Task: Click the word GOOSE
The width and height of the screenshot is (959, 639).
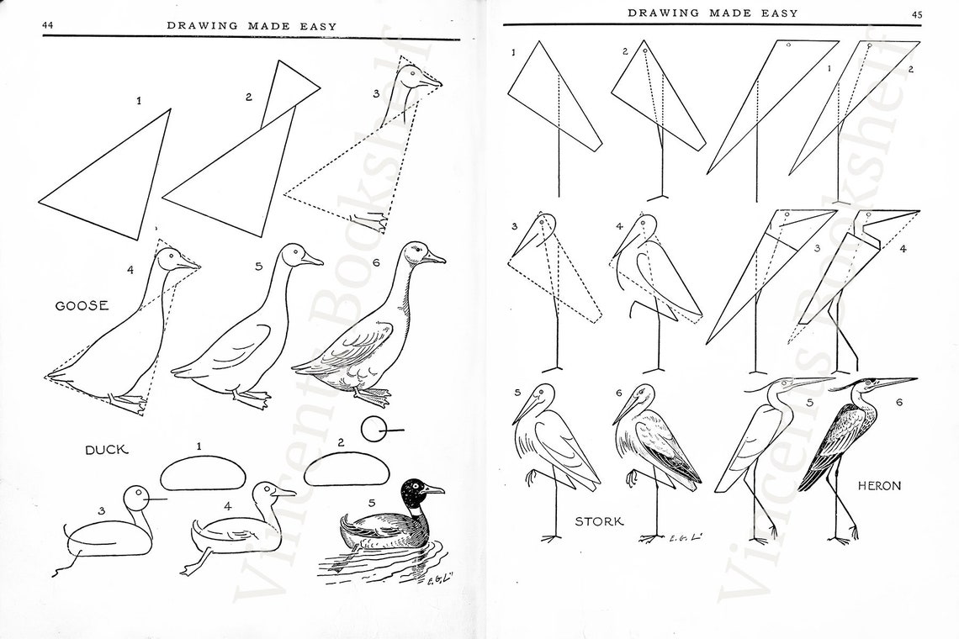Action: (x=82, y=306)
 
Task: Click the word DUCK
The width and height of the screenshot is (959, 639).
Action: (x=106, y=450)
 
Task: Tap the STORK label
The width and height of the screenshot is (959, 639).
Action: (x=599, y=521)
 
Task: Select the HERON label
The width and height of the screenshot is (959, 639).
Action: (x=879, y=486)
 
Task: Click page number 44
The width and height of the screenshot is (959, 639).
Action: (x=49, y=26)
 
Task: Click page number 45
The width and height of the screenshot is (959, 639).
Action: (x=916, y=13)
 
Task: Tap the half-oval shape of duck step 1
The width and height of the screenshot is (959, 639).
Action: (x=204, y=473)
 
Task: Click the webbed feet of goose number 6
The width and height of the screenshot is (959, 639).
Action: (x=370, y=393)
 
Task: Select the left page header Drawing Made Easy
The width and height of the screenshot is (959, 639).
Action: (x=252, y=26)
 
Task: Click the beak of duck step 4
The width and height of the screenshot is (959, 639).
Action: (x=287, y=493)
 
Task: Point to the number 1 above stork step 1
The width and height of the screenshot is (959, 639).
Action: (x=513, y=53)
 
